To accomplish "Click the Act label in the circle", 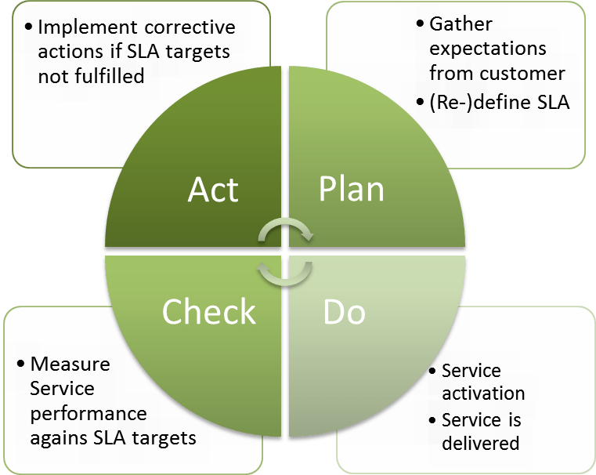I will (213, 190).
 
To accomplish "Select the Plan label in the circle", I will (351, 190).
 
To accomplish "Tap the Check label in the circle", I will (208, 311).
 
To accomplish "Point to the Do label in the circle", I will (344, 312).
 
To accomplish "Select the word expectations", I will (487, 49).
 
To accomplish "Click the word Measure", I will (70, 364).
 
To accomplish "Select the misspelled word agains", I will (60, 437).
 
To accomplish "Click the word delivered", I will (480, 443).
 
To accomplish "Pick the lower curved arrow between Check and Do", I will (286, 272).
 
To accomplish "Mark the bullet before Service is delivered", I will (433, 420).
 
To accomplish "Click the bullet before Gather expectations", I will (422, 24).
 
